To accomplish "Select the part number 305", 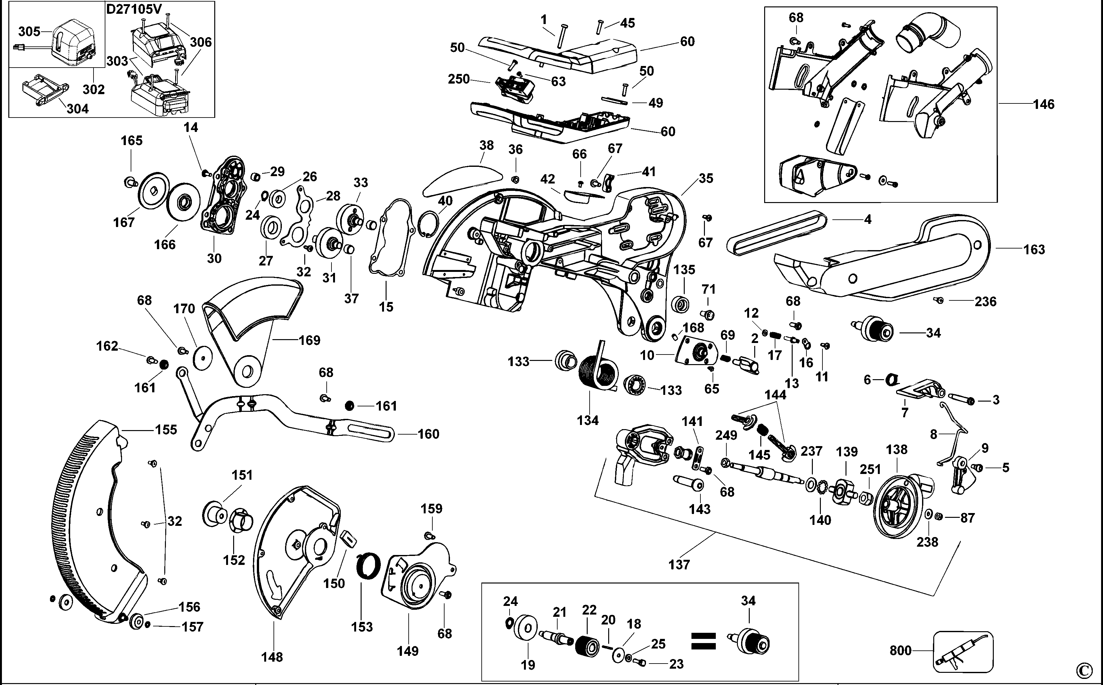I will (x=29, y=31).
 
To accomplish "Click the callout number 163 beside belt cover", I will (x=1034, y=249).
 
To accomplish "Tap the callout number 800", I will (x=900, y=650).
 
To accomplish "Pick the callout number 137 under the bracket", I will (x=679, y=565).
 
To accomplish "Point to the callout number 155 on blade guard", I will (x=166, y=429).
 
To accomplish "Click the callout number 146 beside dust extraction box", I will (x=1044, y=104).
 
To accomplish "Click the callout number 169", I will (x=309, y=340).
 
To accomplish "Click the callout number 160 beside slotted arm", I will (x=428, y=434).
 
